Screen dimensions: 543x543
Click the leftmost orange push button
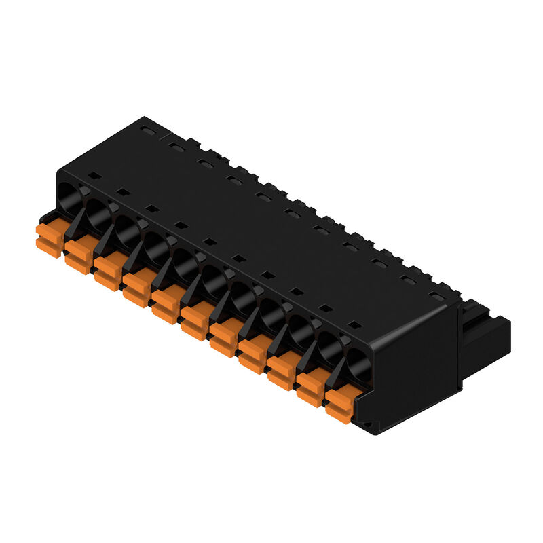tap(49, 239)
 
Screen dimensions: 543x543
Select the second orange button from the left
tap(78, 255)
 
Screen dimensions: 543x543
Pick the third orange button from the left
tap(107, 272)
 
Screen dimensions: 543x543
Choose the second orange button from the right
tap(310, 388)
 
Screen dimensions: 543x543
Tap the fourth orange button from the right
tap(252, 355)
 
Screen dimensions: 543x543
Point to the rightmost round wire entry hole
tap(358, 364)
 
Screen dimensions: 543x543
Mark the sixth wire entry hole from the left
tap(213, 279)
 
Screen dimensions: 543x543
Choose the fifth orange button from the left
tap(165, 305)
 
